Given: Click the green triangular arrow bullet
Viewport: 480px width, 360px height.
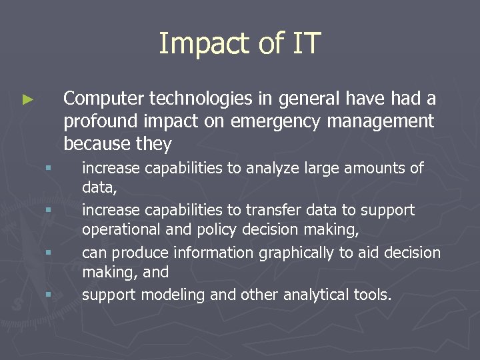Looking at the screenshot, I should click(x=27, y=100).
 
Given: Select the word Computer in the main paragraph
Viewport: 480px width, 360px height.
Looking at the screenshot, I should click(x=103, y=99).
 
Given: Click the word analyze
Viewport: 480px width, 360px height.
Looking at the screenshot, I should click(x=271, y=168).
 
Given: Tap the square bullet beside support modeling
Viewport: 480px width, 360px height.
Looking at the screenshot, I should click(x=49, y=294).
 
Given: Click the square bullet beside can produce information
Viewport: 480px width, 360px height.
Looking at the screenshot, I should click(x=49, y=252).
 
